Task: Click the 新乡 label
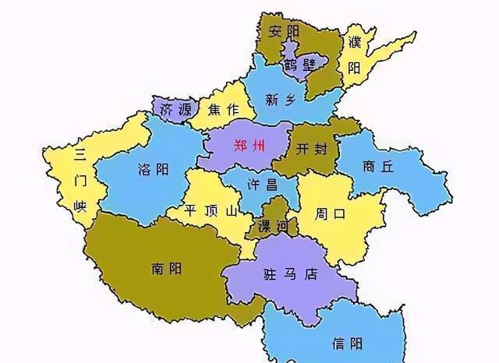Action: (281, 99)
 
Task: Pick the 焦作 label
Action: (223, 111)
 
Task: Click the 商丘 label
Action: (378, 166)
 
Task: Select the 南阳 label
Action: (166, 269)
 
